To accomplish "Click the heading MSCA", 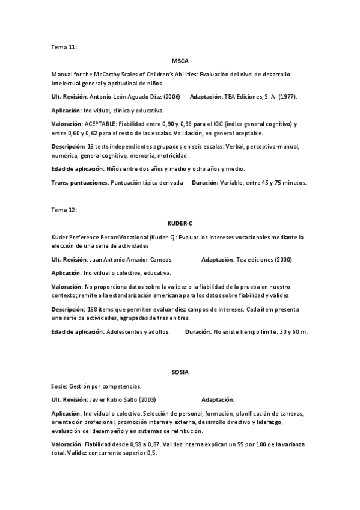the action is tap(180, 61).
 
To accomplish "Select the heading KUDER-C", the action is tap(180, 223).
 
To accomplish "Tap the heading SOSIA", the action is tap(180, 372).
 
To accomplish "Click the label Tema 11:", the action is tap(64, 46).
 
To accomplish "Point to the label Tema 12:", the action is tap(64, 210).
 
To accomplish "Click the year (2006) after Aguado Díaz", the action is tap(169, 96).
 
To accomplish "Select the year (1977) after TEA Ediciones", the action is tap(285, 96).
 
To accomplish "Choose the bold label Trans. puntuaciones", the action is tap(79, 182).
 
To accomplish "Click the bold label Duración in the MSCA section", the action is tap(204, 182).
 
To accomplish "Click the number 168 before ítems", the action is tap(92, 309).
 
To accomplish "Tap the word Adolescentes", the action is tap(124, 331).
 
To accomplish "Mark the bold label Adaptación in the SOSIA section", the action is tap(218, 399).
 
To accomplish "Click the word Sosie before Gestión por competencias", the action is tap(59, 386).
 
